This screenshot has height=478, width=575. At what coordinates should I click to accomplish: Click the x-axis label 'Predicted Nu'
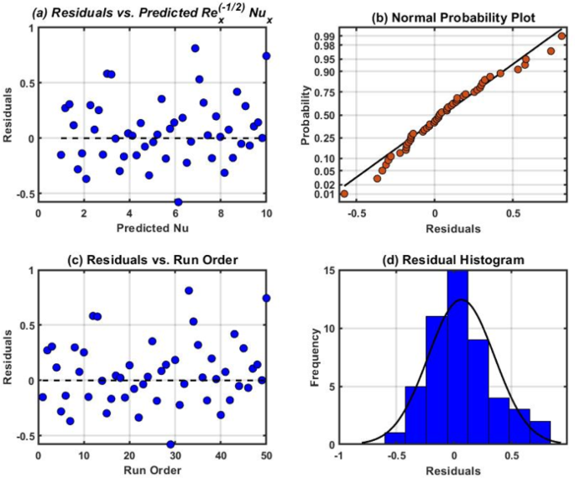point(153,227)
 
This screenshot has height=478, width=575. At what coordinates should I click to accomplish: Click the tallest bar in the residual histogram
point(457,357)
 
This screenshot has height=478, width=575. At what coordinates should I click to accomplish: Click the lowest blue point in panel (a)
point(178,202)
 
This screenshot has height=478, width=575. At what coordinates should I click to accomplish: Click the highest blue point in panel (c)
point(189,291)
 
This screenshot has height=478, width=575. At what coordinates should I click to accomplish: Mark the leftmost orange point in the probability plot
point(344,194)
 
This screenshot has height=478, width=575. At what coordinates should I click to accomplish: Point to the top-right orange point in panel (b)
point(562,36)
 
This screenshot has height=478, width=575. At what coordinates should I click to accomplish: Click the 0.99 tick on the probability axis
point(329,36)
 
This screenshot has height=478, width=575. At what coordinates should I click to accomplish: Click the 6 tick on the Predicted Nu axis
point(175,212)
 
